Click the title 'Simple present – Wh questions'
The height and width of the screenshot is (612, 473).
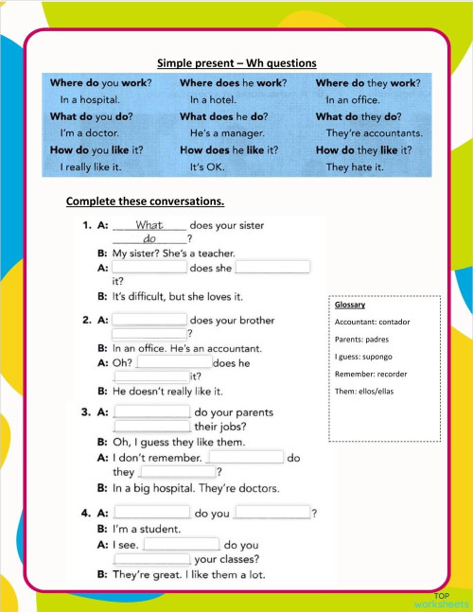pyautogui.click(x=236, y=62)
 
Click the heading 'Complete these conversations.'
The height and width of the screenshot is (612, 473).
pyautogui.click(x=145, y=201)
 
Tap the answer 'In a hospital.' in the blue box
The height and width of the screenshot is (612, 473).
pyautogui.click(x=90, y=99)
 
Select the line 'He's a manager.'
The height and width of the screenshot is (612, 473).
pyautogui.click(x=225, y=133)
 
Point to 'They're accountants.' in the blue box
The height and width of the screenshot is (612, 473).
pyautogui.click(x=374, y=133)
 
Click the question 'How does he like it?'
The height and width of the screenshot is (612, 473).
pyautogui.click(x=229, y=149)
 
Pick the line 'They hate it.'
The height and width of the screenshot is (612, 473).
pyautogui.click(x=355, y=167)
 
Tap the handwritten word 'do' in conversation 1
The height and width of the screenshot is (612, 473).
pyautogui.click(x=149, y=239)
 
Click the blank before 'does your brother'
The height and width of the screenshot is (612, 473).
pyautogui.click(x=149, y=320)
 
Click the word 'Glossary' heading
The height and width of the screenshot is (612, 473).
pyautogui.click(x=350, y=306)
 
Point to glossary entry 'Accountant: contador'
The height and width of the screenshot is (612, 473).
pyautogui.click(x=372, y=323)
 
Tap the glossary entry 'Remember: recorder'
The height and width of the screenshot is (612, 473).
pyautogui.click(x=371, y=373)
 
